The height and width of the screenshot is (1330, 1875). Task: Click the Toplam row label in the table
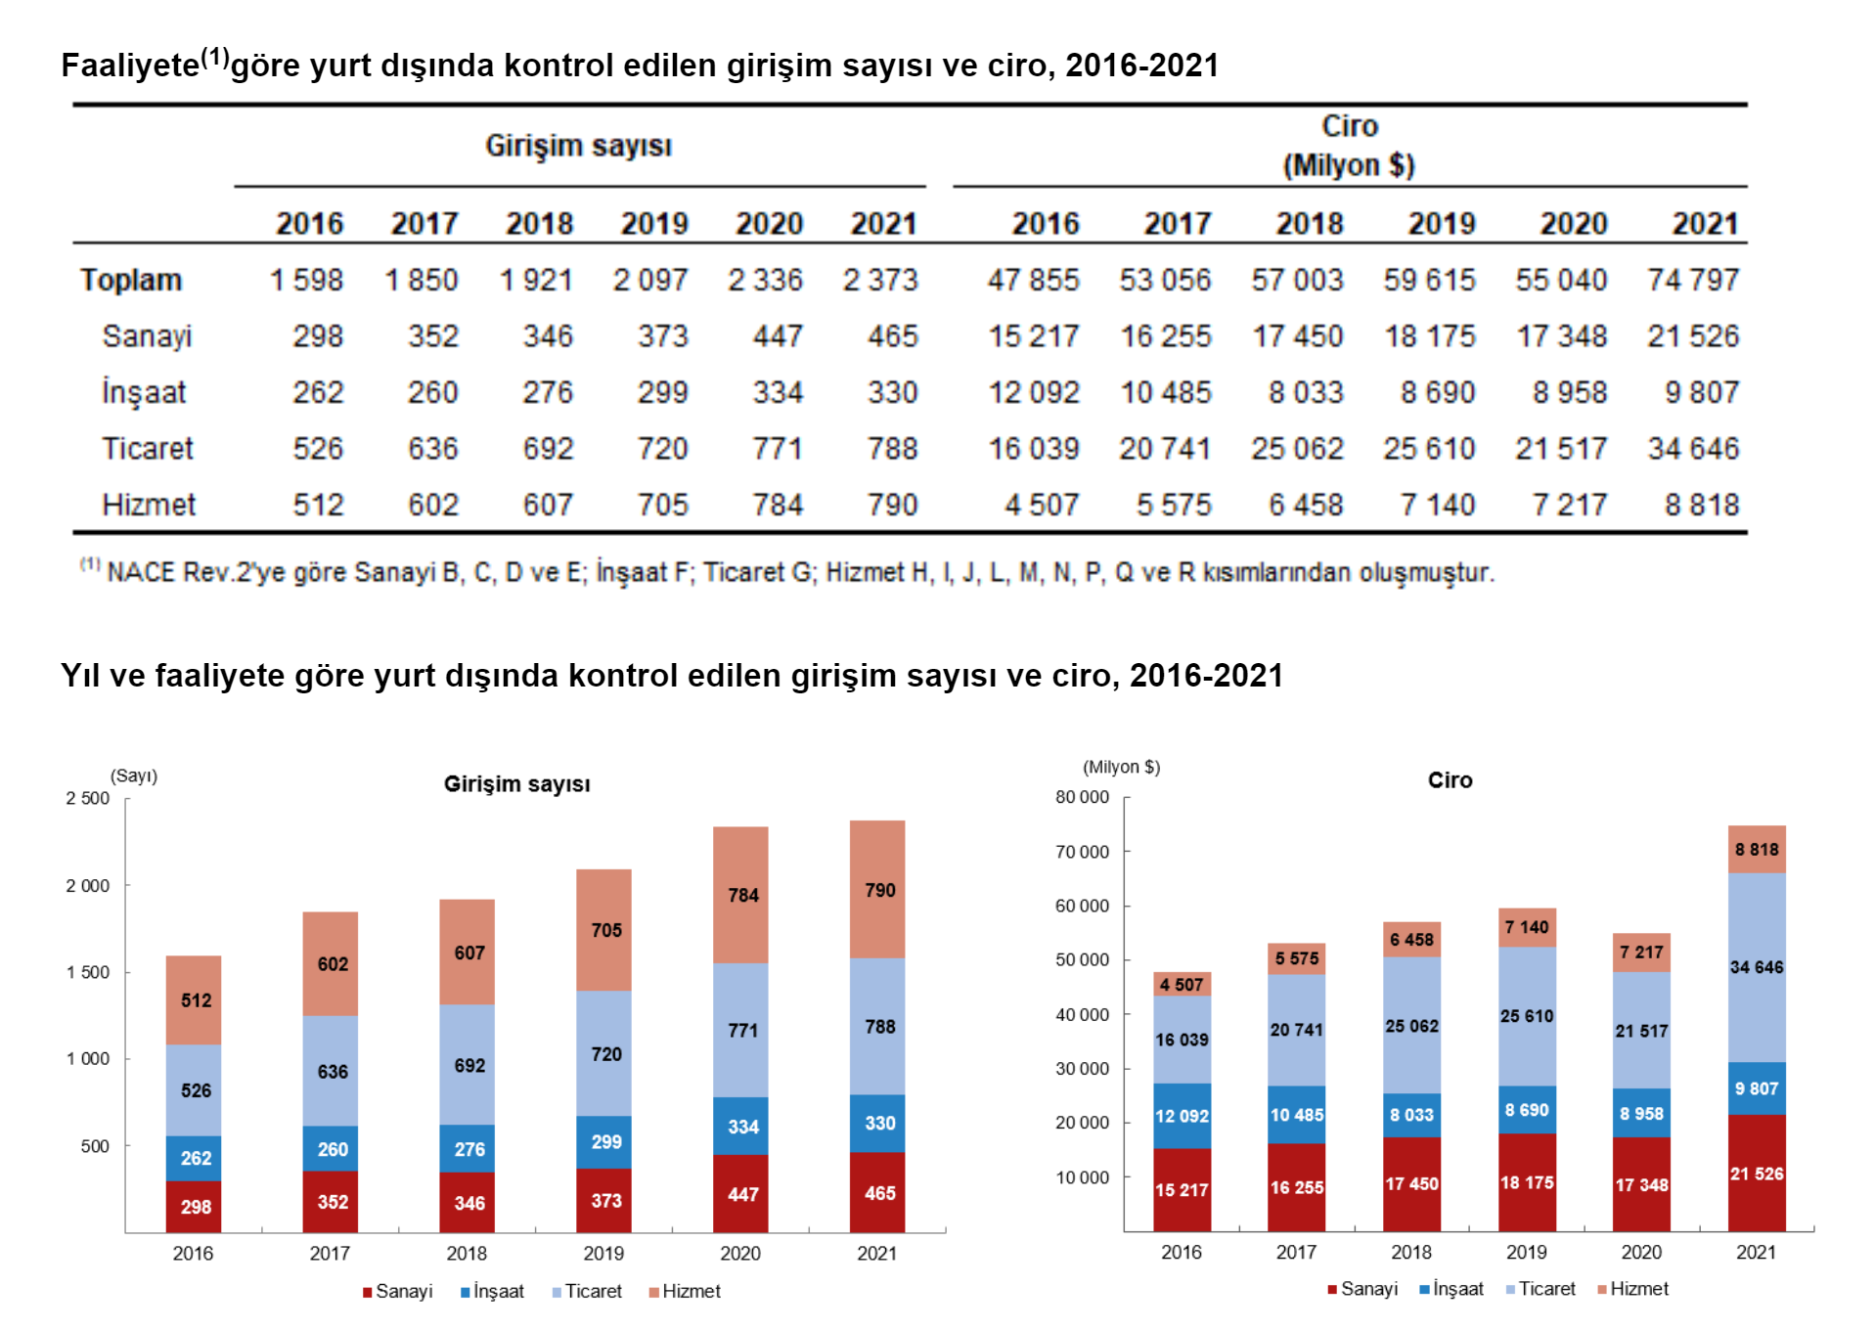click(x=131, y=280)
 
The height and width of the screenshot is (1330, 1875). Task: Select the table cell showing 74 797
click(x=1693, y=280)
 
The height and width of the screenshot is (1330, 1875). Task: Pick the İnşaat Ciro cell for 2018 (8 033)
click(x=1306, y=392)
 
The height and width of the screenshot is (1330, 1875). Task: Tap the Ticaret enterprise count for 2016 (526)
click(x=318, y=449)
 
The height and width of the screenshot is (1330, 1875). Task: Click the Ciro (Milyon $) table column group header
click(x=1349, y=145)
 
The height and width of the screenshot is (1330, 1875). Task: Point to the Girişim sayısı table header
click(x=578, y=146)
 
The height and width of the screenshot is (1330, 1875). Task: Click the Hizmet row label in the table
click(x=149, y=505)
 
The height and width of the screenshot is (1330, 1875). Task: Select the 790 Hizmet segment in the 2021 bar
click(x=878, y=889)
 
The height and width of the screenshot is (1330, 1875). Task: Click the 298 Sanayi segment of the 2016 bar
click(x=195, y=1206)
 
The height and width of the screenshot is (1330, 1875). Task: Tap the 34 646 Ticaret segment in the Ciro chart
click(x=1756, y=966)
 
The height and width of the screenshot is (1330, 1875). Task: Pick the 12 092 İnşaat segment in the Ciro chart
click(x=1181, y=1116)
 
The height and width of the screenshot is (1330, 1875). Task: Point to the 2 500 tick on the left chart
click(x=88, y=798)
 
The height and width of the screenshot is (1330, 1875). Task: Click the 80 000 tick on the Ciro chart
click(x=1082, y=797)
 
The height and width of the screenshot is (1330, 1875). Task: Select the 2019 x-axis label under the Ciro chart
click(x=1526, y=1252)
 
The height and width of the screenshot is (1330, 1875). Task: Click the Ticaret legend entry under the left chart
click(x=587, y=1291)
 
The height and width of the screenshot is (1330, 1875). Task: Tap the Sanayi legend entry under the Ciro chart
click(x=1362, y=1289)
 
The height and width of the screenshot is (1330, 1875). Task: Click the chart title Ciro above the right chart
click(x=1450, y=779)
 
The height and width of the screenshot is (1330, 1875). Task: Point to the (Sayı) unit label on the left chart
click(x=134, y=776)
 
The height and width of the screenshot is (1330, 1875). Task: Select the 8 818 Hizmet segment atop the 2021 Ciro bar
click(x=1756, y=849)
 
